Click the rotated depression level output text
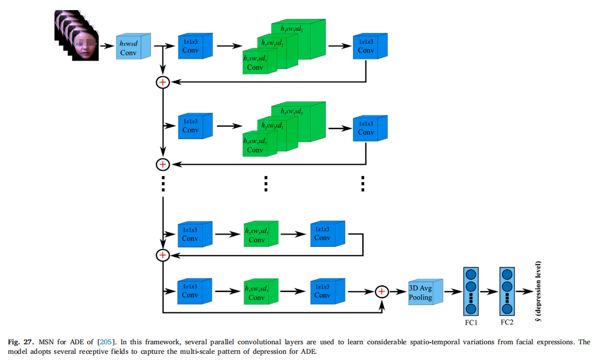[x=538, y=292]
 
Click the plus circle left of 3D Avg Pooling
[x=382, y=292]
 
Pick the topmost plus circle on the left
[x=163, y=82]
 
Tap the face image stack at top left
[x=77, y=37]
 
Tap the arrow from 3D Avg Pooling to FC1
[x=452, y=292]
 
